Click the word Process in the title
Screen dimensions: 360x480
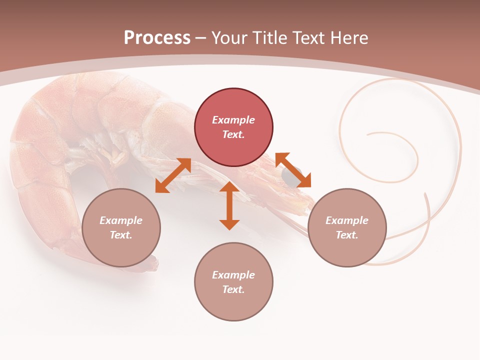point(157,38)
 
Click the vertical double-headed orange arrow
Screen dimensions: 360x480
point(229,205)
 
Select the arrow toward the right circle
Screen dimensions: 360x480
point(293,170)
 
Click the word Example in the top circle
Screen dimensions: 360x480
point(233,120)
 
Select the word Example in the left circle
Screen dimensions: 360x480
point(121,220)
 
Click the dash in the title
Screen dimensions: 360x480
point(201,38)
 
